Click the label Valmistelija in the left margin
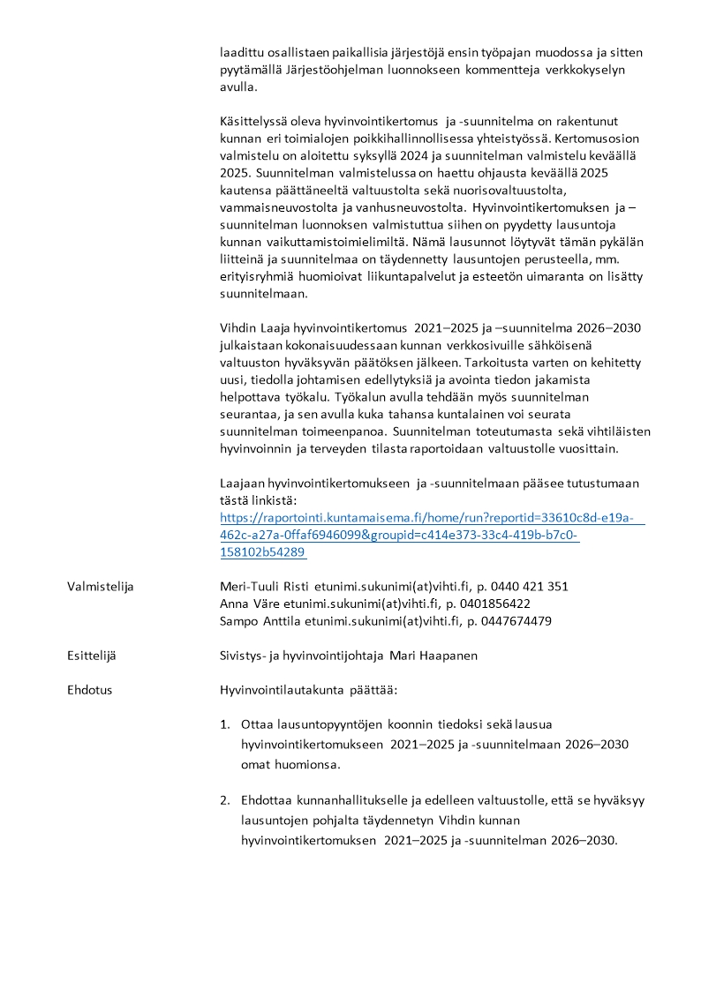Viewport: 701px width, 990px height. click(x=100, y=587)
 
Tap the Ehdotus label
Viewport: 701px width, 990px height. click(x=89, y=690)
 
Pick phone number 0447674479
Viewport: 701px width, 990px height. click(x=513, y=621)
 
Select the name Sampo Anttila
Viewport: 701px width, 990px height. click(x=260, y=621)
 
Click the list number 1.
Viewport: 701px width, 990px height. click(x=224, y=724)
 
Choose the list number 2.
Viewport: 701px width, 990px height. click(x=224, y=801)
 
